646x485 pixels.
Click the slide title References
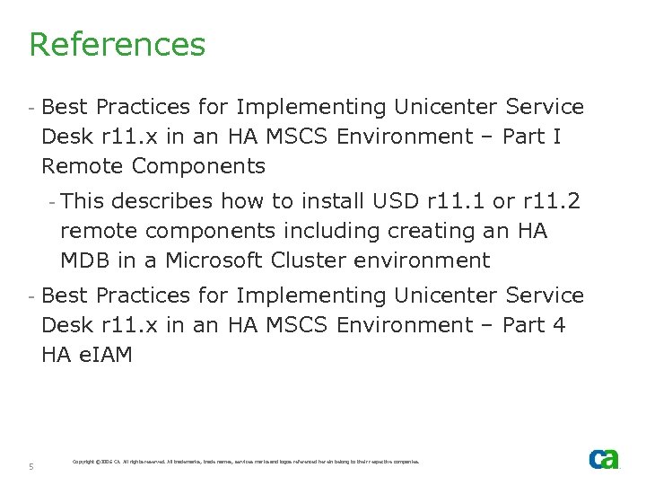click(118, 44)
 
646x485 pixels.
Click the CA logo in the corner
click(603, 459)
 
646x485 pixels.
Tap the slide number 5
click(31, 466)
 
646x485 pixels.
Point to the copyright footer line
click(245, 462)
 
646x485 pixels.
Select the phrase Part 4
click(534, 325)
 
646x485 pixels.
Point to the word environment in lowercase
click(432, 260)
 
